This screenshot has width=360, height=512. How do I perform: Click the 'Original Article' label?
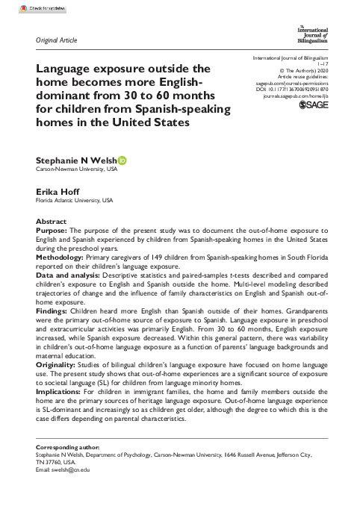pos(56,40)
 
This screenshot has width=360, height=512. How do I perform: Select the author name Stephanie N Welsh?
pos(75,160)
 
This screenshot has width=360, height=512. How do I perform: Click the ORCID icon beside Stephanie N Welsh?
pos(123,160)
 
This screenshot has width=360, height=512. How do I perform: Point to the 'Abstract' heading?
pos(52,222)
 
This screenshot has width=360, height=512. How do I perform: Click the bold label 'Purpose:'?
pos(53,231)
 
